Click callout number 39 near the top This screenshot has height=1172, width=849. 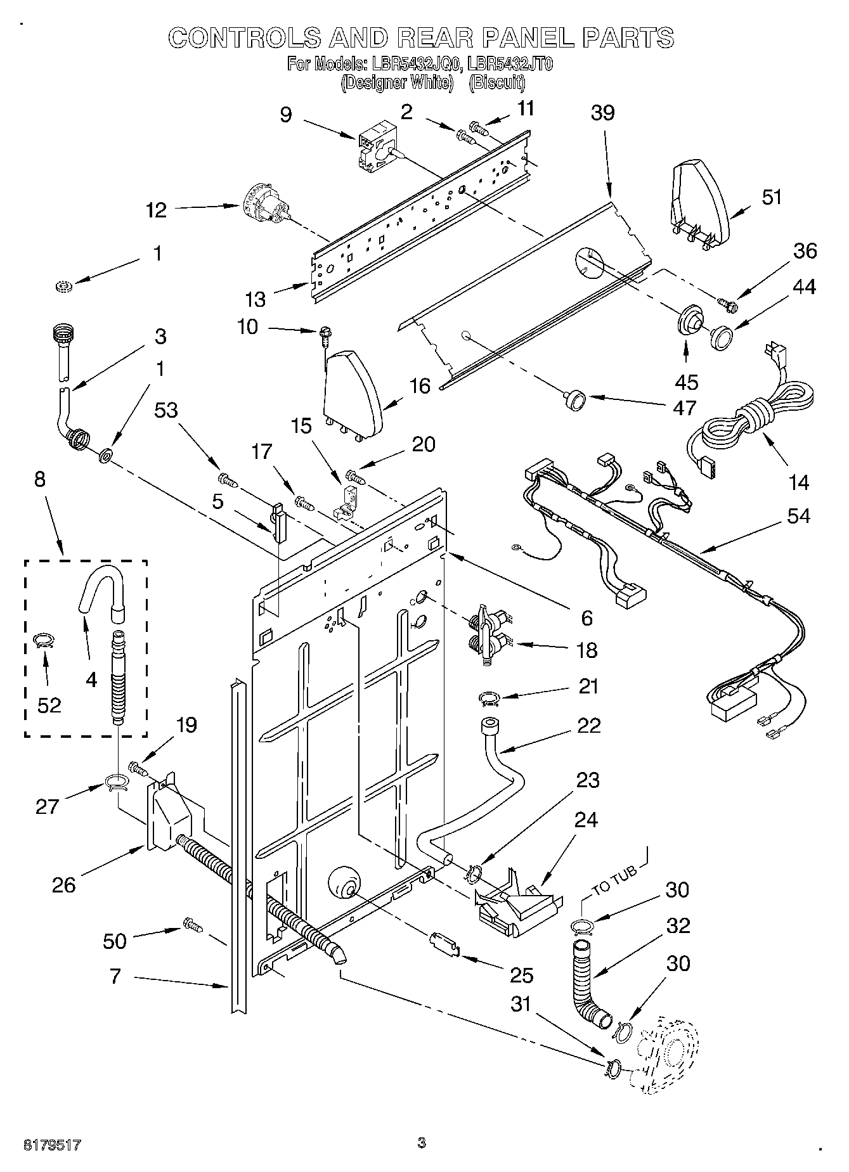602,113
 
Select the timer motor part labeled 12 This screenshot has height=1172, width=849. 266,206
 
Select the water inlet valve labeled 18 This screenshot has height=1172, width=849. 488,634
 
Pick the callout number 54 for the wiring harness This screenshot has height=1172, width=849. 798,516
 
